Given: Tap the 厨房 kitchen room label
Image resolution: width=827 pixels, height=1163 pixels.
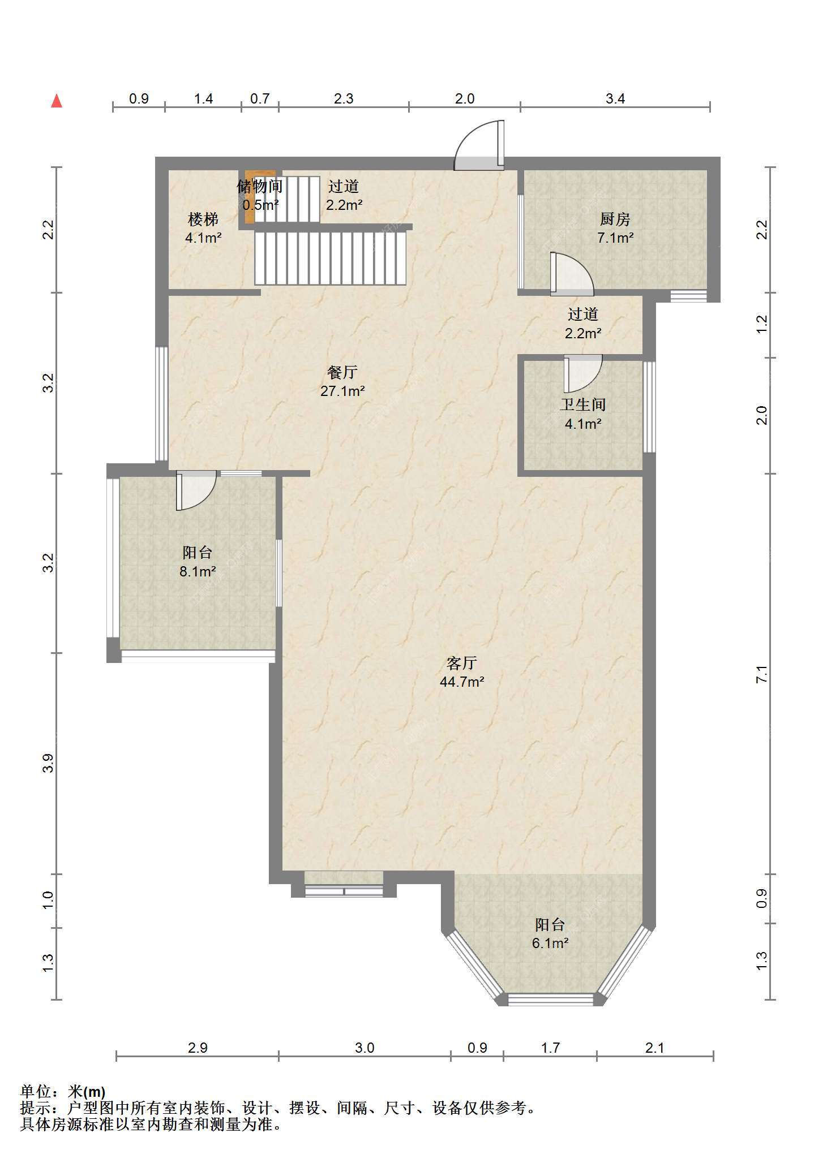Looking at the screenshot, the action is [x=615, y=218].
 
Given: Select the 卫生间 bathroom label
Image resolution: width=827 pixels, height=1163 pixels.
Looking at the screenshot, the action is [x=583, y=404].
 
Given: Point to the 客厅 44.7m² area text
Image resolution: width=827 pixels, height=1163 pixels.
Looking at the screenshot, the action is [x=462, y=672].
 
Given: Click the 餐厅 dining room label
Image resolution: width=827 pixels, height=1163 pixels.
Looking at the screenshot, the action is [x=342, y=372].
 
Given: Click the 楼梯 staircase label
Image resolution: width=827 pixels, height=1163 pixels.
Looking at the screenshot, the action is [x=203, y=218].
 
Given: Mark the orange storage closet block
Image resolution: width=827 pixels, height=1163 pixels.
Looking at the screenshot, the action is [x=250, y=197].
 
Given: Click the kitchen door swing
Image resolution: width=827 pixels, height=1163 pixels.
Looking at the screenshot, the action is [x=572, y=274].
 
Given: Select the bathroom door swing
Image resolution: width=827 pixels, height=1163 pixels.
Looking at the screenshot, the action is [x=583, y=373].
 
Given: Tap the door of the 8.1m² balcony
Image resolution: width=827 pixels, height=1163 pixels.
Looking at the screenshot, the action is [x=196, y=490].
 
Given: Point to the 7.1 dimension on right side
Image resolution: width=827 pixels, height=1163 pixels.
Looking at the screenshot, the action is [x=762, y=674].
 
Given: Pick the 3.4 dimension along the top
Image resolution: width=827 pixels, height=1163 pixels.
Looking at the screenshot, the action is [x=615, y=98].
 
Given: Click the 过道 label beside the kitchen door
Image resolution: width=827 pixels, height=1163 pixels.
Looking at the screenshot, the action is [x=583, y=314].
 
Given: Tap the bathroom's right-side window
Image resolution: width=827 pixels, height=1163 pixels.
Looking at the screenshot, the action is [x=650, y=407].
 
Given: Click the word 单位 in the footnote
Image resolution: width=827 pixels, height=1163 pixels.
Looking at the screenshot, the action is [x=35, y=1092].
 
